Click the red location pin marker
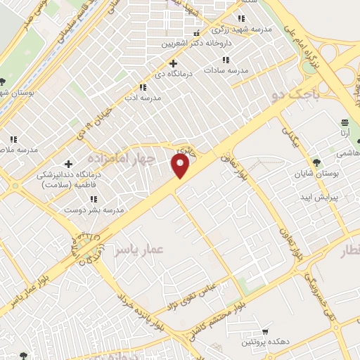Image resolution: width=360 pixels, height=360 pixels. coord(181,165)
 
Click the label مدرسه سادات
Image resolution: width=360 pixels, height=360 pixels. coord(226,70)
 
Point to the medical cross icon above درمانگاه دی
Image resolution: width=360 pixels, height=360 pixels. coord(173,64)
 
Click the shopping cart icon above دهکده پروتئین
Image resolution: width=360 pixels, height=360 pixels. coord(265,331)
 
